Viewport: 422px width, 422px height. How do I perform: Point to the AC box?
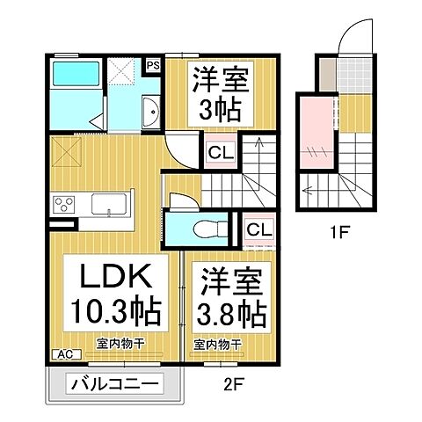point(64,354)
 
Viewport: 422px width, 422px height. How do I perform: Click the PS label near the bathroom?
point(153,64)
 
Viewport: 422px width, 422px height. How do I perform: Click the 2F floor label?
point(233,384)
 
